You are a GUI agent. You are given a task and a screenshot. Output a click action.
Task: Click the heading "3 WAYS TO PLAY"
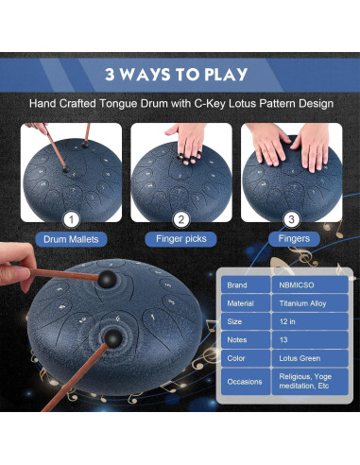(177, 75)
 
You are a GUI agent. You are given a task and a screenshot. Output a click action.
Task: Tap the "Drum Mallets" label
(71, 239)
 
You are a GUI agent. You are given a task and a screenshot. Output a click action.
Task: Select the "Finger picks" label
(181, 239)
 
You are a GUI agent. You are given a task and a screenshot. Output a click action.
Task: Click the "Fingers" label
(294, 238)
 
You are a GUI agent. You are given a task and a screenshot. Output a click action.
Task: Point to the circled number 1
(72, 219)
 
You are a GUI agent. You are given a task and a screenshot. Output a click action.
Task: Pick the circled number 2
(181, 219)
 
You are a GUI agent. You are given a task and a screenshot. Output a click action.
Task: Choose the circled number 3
(292, 219)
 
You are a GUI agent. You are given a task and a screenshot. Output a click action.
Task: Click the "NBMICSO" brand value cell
(310, 284)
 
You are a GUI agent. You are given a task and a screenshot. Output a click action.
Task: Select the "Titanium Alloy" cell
(310, 303)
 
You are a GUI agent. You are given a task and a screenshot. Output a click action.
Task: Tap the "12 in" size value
(310, 321)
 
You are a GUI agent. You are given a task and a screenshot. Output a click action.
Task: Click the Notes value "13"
(310, 339)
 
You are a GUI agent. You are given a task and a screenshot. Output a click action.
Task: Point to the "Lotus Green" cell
(310, 358)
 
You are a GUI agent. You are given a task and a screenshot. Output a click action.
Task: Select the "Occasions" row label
(246, 382)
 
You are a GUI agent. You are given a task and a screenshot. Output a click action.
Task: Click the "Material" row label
(246, 303)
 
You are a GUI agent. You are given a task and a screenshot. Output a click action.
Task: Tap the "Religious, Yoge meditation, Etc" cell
(310, 382)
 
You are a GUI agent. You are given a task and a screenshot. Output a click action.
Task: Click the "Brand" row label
(246, 284)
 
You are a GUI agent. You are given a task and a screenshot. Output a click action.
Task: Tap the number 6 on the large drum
(118, 319)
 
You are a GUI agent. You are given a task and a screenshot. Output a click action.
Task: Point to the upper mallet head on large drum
(107, 279)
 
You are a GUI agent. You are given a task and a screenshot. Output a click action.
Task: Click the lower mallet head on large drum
(112, 338)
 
